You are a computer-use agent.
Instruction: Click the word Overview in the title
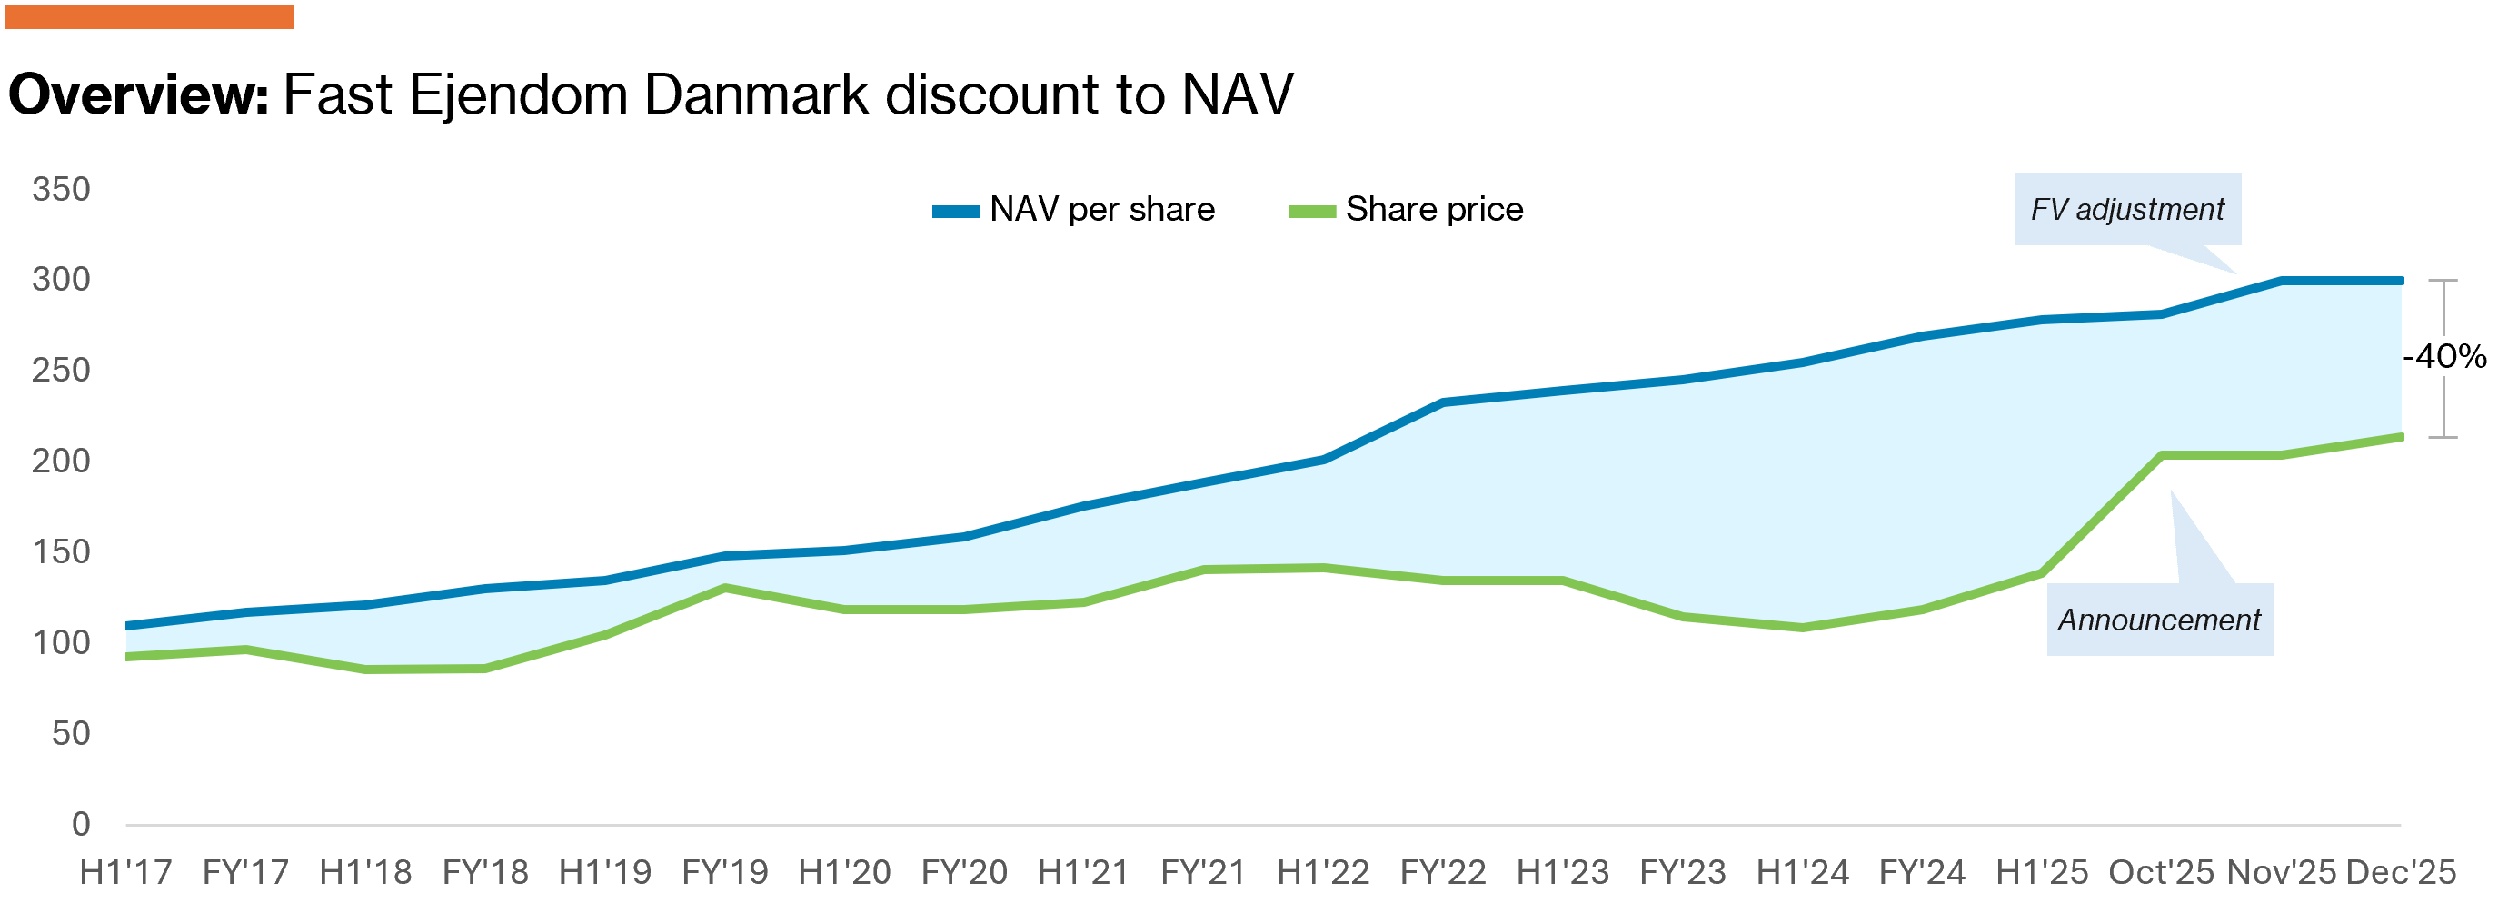point(137,95)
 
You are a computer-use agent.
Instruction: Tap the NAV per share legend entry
point(1074,209)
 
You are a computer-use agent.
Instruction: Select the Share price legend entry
point(1406,209)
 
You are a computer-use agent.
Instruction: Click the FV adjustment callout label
point(2127,209)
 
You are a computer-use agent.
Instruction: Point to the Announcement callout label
point(2159,620)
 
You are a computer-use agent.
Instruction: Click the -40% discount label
point(2443,356)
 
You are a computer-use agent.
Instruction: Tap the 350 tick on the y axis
point(60,189)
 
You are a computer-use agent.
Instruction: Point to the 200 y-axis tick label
point(60,461)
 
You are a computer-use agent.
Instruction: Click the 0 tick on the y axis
point(81,825)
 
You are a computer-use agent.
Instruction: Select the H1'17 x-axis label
point(125,872)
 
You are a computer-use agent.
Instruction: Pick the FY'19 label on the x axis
point(725,872)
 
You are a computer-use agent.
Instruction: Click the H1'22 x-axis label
point(1323,872)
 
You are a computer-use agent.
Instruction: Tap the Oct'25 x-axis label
point(2162,872)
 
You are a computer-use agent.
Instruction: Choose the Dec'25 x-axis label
point(2401,872)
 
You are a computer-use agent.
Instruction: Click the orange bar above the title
point(150,16)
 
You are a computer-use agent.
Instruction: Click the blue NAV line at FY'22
point(1443,402)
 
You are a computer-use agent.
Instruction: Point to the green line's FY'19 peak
point(725,588)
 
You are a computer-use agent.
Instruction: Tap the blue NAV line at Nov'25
point(2281,282)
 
